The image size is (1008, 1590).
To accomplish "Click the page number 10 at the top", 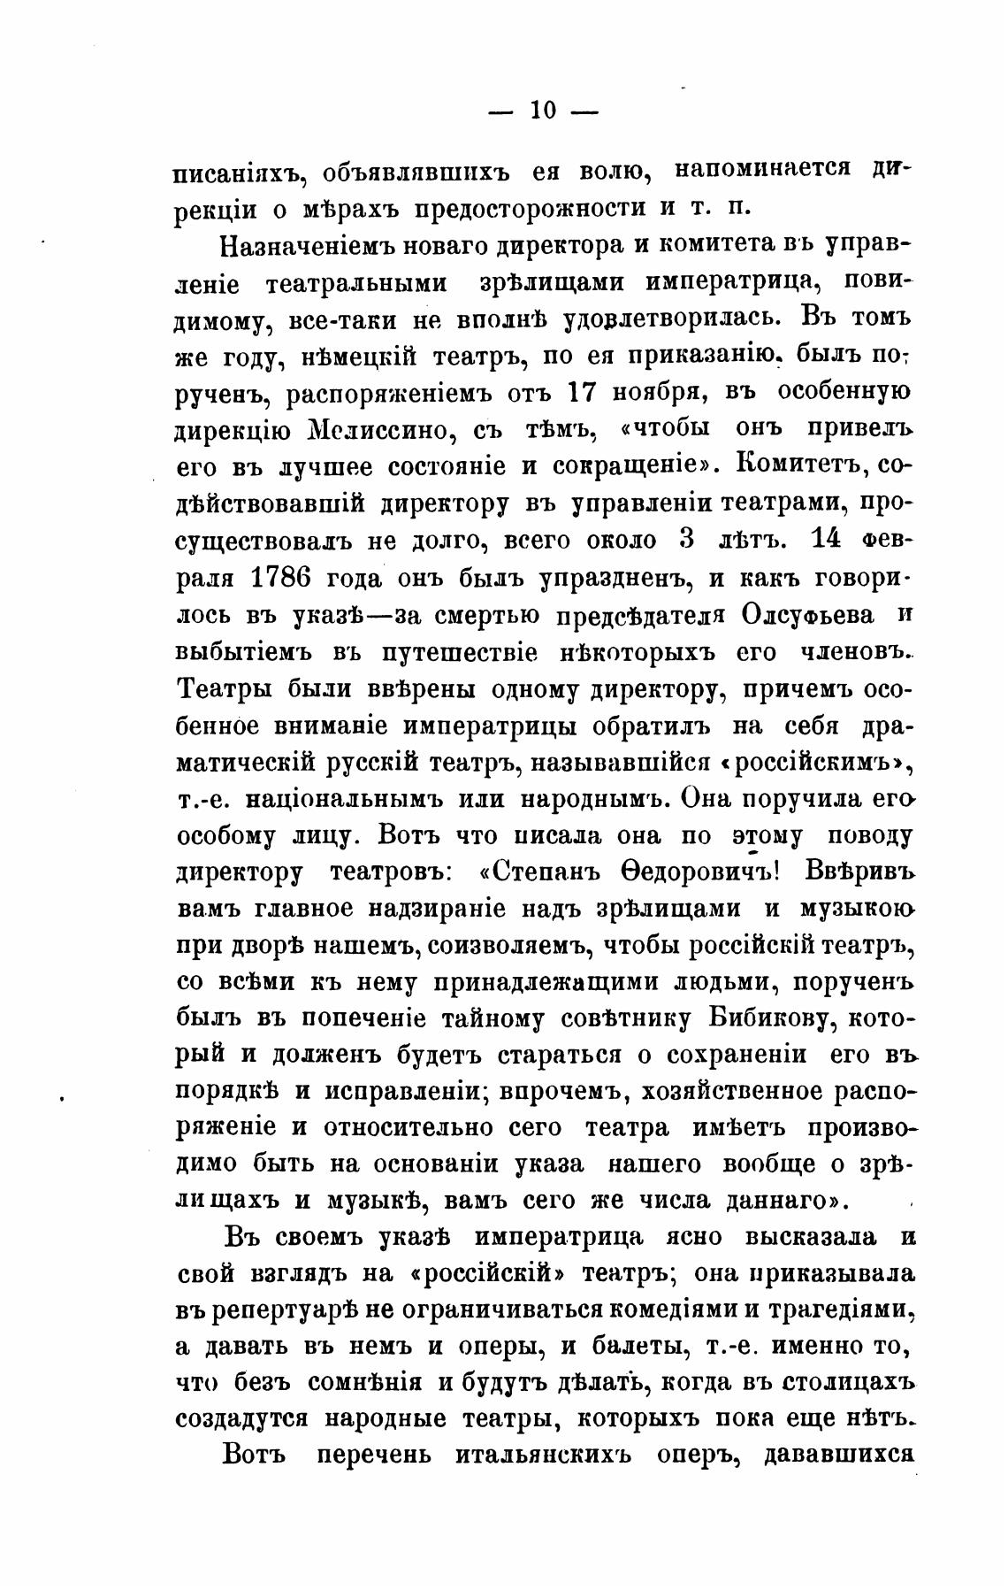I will (x=542, y=111).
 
